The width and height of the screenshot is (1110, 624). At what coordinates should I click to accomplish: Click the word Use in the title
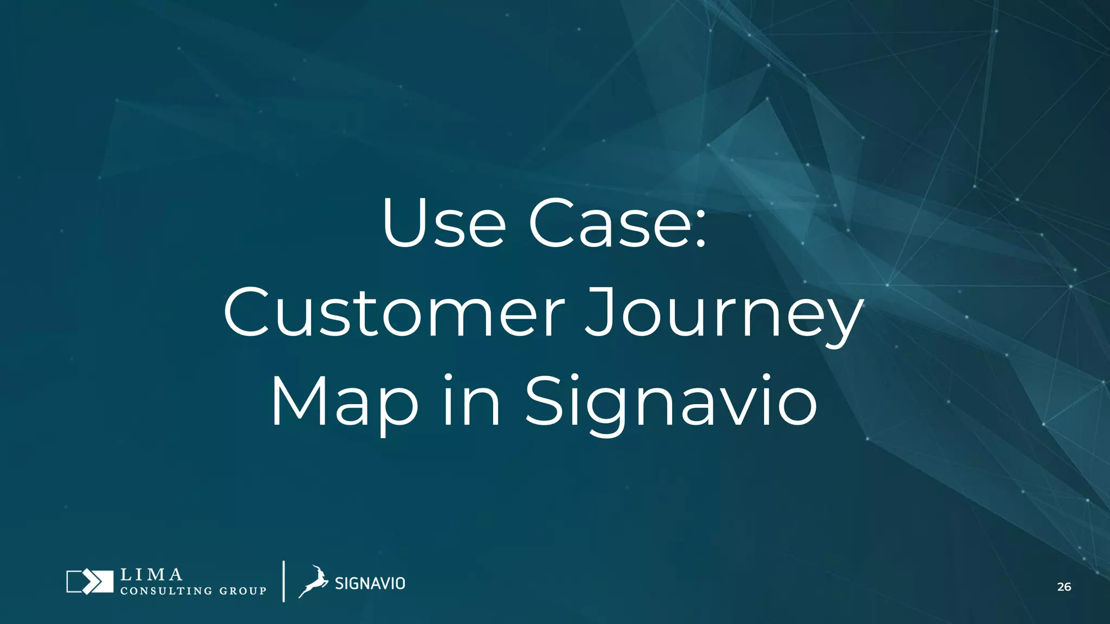443,223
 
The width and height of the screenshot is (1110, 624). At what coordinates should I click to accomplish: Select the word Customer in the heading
395,313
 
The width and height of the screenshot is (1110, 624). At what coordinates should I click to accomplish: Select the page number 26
1064,587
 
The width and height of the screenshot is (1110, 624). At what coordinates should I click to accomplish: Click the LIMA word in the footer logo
151,574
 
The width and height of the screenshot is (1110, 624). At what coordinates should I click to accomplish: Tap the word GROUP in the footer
242,591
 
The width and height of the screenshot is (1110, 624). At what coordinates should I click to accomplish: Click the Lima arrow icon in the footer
89,582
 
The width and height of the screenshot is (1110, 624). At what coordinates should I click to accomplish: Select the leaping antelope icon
313,581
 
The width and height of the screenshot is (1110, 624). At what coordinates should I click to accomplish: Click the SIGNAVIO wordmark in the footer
370,583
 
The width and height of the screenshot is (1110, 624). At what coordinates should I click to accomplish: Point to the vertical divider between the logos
283,581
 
